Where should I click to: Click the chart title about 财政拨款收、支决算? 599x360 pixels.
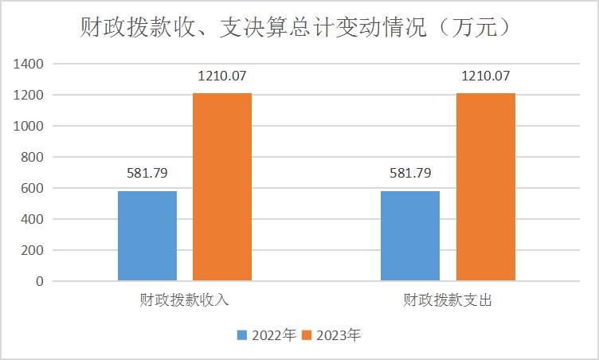click(x=295, y=29)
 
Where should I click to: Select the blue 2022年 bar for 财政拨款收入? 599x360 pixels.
click(x=147, y=236)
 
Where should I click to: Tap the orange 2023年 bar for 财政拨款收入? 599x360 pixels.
click(x=222, y=187)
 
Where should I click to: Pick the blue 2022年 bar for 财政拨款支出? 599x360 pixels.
click(x=410, y=236)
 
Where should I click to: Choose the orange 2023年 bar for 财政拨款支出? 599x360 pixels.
click(x=485, y=187)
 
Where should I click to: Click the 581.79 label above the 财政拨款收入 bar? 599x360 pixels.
click(x=147, y=173)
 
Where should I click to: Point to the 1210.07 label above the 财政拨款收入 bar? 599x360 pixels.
click(x=222, y=76)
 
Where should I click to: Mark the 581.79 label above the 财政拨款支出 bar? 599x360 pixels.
click(x=410, y=173)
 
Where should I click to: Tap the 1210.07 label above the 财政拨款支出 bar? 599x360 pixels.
click(x=485, y=76)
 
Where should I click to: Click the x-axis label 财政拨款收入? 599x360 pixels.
click(x=184, y=300)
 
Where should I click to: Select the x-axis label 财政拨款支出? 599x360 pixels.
click(x=448, y=300)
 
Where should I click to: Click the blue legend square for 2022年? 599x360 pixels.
click(x=242, y=335)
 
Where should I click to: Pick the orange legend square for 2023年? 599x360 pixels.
click(x=307, y=335)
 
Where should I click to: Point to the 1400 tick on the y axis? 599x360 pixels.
click(x=29, y=64)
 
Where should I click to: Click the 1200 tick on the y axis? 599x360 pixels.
click(x=29, y=95)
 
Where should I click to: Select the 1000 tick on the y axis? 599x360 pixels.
click(x=29, y=126)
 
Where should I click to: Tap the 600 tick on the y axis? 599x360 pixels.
click(x=33, y=188)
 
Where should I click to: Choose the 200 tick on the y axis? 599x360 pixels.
click(x=33, y=250)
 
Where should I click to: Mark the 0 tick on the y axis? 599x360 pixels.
click(x=39, y=281)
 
